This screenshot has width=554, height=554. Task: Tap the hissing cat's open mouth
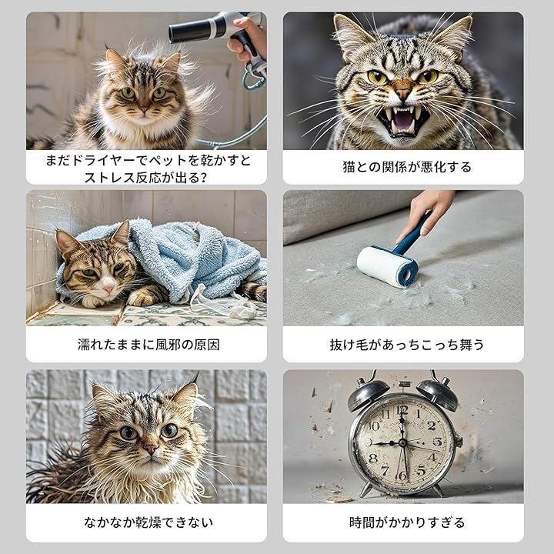click(403, 121)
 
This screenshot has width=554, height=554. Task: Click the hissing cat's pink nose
click(403, 93)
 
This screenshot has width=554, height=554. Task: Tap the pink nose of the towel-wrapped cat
click(108, 288)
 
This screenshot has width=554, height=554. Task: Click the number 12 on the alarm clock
click(402, 410)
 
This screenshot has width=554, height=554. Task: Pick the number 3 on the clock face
click(437, 442)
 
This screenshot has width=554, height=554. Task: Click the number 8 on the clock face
click(373, 459)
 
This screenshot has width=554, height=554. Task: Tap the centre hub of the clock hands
click(402, 442)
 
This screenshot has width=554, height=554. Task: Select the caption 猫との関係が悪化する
click(407, 167)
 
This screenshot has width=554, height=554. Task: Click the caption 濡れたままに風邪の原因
click(149, 345)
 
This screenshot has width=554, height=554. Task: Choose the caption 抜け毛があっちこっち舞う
click(407, 345)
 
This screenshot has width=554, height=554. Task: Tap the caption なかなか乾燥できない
click(149, 522)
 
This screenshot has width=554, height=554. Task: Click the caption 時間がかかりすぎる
click(407, 522)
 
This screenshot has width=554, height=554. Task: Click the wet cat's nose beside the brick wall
click(149, 449)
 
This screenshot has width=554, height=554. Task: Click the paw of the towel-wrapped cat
click(142, 298)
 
